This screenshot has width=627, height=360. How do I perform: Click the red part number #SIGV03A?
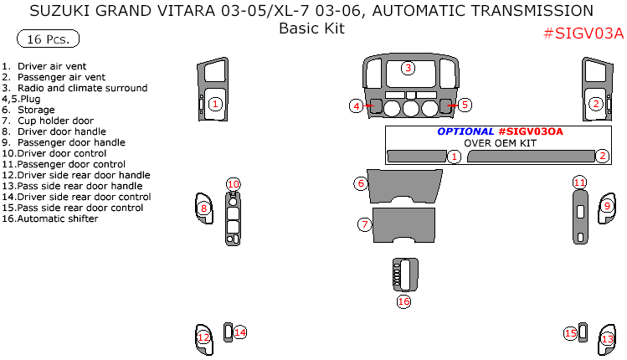tap(583, 33)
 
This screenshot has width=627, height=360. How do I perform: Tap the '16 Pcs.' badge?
tap(48, 39)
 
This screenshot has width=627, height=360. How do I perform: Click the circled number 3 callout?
tap(408, 68)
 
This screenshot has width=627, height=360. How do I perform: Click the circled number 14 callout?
tap(240, 332)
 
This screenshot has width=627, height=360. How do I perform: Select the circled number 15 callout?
tap(570, 333)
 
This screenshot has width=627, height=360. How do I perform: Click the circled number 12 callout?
tap(203, 337)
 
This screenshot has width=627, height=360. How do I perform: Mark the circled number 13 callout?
tap(608, 339)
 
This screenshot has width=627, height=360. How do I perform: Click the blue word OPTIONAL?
tap(465, 131)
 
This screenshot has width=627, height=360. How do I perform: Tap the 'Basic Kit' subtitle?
tap(311, 28)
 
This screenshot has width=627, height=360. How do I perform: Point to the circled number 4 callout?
tap(357, 105)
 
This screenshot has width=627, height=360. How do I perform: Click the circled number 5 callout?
tap(465, 105)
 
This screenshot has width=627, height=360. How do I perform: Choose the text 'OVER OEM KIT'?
tap(501, 143)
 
